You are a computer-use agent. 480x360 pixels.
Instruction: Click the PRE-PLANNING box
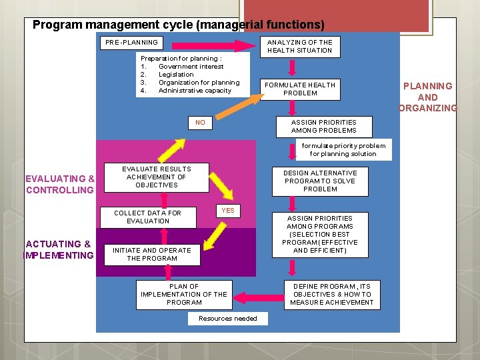[x=132, y=43]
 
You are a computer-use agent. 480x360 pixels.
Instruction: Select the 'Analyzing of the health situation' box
[x=299, y=46]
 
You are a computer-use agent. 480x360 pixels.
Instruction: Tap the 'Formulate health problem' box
[x=300, y=89]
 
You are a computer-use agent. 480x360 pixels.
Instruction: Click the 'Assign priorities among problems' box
[x=323, y=126]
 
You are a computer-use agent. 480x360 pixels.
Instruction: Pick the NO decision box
[x=200, y=123]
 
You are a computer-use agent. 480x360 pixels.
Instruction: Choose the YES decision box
[x=228, y=211]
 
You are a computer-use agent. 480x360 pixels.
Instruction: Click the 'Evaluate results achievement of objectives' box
[x=156, y=177]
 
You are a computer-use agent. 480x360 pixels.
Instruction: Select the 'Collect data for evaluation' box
[x=147, y=217]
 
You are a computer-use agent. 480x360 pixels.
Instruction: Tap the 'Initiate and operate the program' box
[x=151, y=254]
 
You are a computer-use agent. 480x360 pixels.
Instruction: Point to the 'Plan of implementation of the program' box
[x=184, y=294]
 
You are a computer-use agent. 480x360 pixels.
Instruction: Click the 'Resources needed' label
[x=227, y=319]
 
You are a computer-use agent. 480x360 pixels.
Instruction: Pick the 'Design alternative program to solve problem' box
[x=320, y=181]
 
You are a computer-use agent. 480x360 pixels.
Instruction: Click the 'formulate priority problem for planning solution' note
[x=343, y=149]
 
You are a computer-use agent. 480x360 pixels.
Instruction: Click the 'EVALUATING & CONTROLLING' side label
[x=59, y=184]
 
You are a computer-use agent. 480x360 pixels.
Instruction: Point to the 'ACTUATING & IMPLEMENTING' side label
[x=59, y=249]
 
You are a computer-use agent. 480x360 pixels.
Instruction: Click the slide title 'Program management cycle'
[x=178, y=25]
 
